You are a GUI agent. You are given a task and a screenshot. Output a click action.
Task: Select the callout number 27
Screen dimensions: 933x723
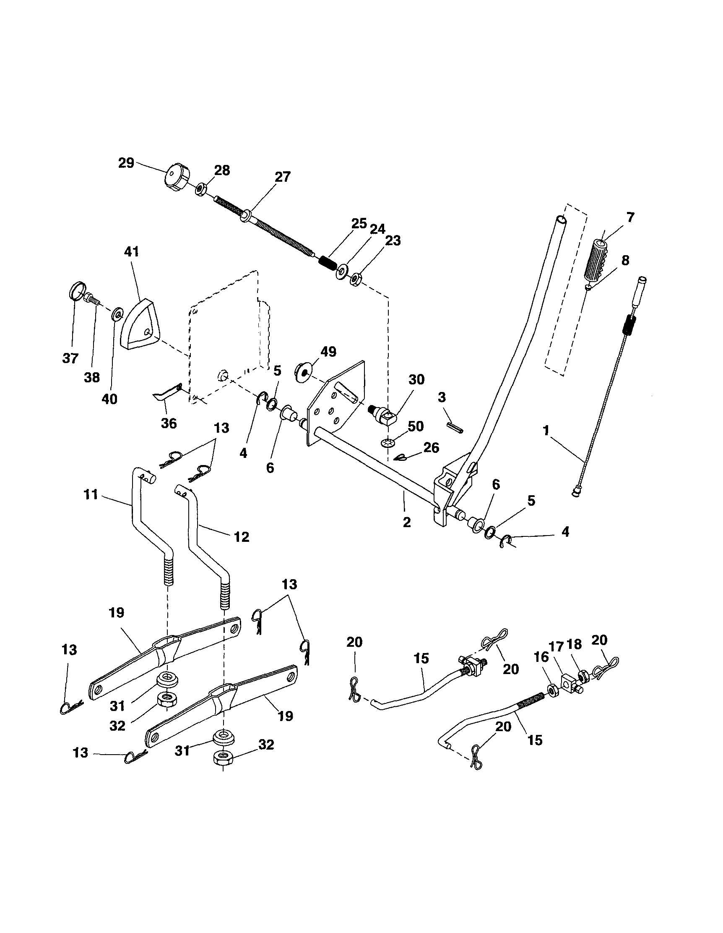pos(282,177)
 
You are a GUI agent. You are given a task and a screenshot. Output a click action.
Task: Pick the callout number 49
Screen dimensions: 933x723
pos(328,352)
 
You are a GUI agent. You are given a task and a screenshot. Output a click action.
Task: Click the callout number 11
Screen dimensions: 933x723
pos(91,495)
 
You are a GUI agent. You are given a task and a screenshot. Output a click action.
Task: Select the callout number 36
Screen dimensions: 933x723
pos(169,423)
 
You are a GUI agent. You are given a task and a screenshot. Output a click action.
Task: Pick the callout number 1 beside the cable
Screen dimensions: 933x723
pos(546,431)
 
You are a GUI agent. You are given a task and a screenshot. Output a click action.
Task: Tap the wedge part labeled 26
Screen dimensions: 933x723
pos(400,458)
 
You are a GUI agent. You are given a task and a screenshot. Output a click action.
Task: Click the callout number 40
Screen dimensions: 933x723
pos(109,399)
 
